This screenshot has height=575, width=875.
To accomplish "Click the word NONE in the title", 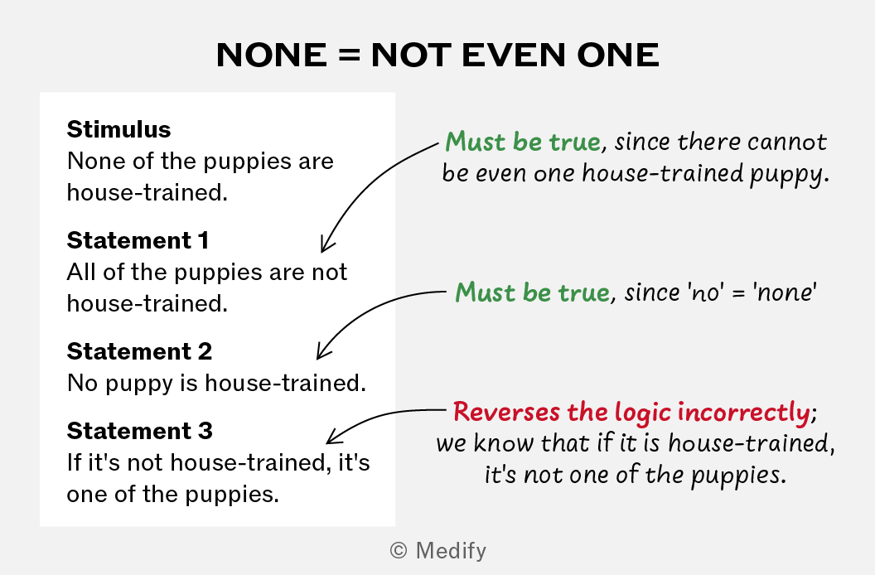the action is pyautogui.click(x=272, y=55).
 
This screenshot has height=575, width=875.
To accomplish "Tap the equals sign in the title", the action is pyautogui.click(x=350, y=56).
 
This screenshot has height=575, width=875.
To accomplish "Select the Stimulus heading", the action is pyautogui.click(x=118, y=129).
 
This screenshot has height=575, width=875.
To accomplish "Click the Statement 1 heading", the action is pyautogui.click(x=138, y=240).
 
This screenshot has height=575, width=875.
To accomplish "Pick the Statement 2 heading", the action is pyautogui.click(x=139, y=351).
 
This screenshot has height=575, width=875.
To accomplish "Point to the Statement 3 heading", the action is pyautogui.click(x=139, y=431).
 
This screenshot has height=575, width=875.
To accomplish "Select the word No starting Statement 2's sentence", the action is pyautogui.click(x=83, y=384).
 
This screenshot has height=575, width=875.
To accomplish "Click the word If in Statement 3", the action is pyautogui.click(x=74, y=462).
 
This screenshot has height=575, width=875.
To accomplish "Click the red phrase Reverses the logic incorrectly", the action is pyautogui.click(x=631, y=412).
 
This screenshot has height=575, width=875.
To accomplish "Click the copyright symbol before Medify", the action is pyautogui.click(x=399, y=550).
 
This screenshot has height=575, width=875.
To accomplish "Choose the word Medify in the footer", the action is pyautogui.click(x=451, y=551).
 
